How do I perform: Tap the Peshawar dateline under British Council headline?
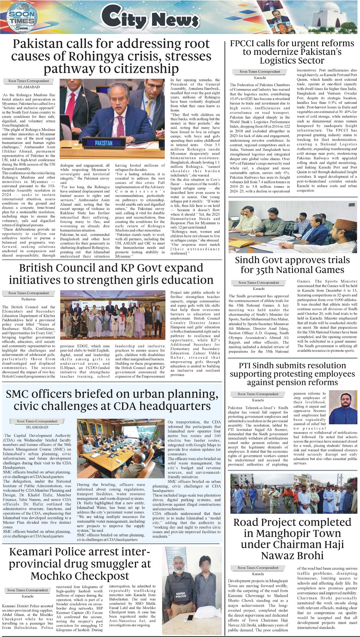click(29, 299)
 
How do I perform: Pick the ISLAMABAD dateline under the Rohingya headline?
click(29, 87)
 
